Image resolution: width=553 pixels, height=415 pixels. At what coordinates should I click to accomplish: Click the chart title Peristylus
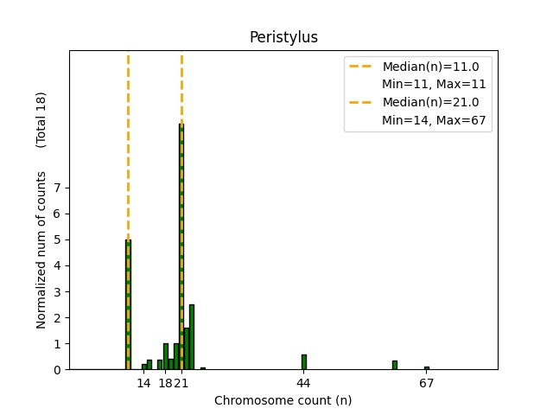283,37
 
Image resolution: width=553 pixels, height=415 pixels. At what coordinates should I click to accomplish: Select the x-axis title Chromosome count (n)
283,400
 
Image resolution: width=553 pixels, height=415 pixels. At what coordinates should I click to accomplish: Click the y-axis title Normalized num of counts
41,250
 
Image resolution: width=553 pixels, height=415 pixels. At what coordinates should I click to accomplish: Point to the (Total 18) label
41,119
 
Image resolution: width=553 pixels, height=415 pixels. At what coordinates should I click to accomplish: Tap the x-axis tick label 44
303,383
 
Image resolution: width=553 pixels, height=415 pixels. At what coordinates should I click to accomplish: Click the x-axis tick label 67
426,383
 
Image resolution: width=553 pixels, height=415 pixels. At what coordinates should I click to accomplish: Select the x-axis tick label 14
143,383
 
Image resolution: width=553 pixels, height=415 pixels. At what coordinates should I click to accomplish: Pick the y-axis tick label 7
57,188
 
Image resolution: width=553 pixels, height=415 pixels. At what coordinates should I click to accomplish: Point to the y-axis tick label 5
57,239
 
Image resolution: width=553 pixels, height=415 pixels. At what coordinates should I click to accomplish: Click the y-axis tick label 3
57,291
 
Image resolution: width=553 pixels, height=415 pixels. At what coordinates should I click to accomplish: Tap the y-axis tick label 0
57,369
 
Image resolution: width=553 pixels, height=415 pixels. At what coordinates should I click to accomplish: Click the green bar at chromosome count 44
303,362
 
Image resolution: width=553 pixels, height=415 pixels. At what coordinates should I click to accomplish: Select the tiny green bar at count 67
426,367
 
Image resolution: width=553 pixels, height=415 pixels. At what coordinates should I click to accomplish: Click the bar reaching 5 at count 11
128,304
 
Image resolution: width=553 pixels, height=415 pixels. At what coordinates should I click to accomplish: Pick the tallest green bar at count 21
181,246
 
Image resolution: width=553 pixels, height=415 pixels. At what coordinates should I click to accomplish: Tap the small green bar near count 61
394,365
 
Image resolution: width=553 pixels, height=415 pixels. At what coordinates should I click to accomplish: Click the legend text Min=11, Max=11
434,85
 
